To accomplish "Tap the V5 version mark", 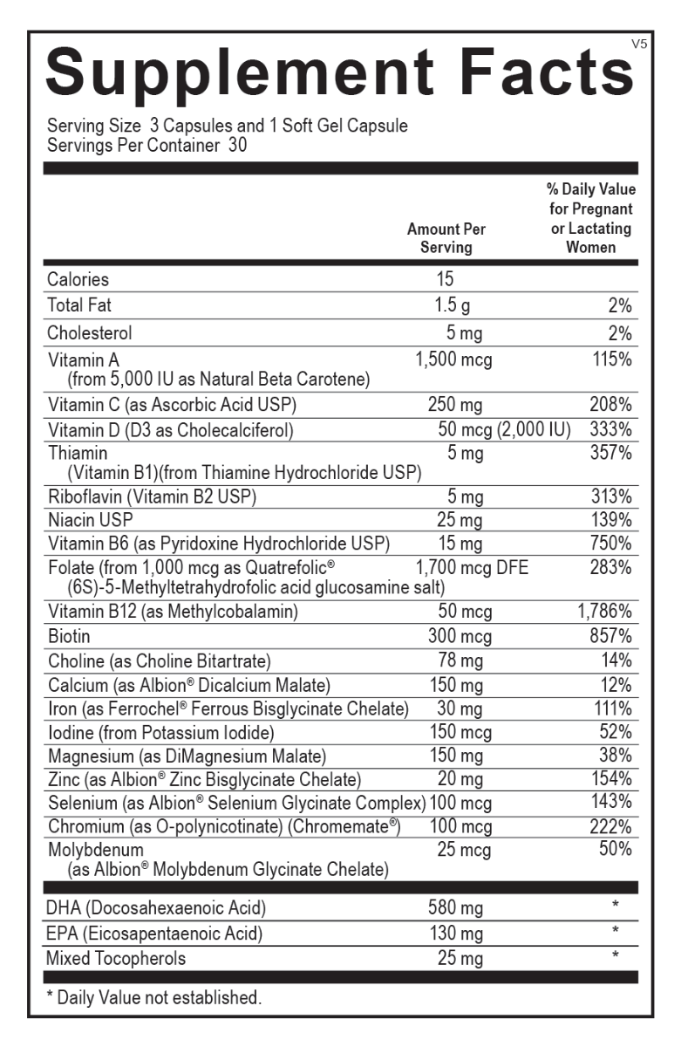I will pyautogui.click(x=639, y=44).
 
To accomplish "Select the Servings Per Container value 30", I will pyautogui.click(x=238, y=146).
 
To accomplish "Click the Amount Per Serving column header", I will pyautogui.click(x=446, y=237).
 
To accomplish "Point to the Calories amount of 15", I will pyautogui.click(x=445, y=279).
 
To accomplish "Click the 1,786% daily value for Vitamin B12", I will pyautogui.click(x=604, y=612).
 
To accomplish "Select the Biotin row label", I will pyautogui.click(x=70, y=635).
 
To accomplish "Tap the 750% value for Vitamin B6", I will pyautogui.click(x=611, y=544).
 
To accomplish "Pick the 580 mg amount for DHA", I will pyautogui.click(x=455, y=908).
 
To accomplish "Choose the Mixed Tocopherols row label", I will pyautogui.click(x=116, y=959).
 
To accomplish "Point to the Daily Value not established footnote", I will pyautogui.click(x=153, y=997).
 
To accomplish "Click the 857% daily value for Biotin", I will pyautogui.click(x=611, y=635).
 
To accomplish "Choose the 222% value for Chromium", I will pyautogui.click(x=611, y=825).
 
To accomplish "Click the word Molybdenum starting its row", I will pyautogui.click(x=96, y=849).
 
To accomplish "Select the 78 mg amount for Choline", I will pyautogui.click(x=460, y=660).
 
